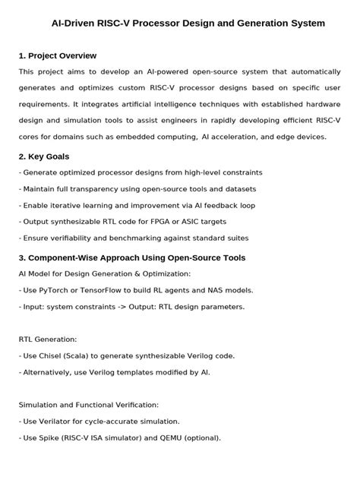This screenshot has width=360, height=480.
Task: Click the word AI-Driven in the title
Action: click(x=74, y=24)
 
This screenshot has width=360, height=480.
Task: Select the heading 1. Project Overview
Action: click(x=58, y=55)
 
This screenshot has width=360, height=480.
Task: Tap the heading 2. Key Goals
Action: click(x=44, y=156)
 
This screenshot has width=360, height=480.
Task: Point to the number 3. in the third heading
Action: click(x=22, y=257)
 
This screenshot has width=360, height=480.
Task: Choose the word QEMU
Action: click(x=176, y=437)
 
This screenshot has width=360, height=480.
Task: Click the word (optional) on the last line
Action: click(x=205, y=437)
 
